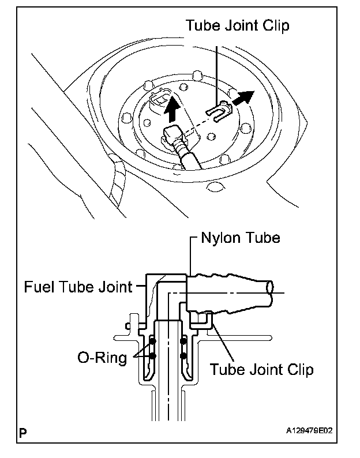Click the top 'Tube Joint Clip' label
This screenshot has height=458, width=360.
pyautogui.click(x=237, y=25)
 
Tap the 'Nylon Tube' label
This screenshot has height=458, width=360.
pyautogui.click(x=241, y=238)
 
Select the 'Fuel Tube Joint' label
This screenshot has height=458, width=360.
pyautogui.click(x=78, y=286)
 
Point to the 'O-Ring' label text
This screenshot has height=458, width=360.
pyautogui.click(x=102, y=358)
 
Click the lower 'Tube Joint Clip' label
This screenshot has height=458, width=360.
pyautogui.click(x=261, y=370)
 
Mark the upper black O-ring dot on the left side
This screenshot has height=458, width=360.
pyautogui.click(x=152, y=341)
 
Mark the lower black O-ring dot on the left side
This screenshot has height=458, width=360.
pyautogui.click(x=152, y=356)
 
